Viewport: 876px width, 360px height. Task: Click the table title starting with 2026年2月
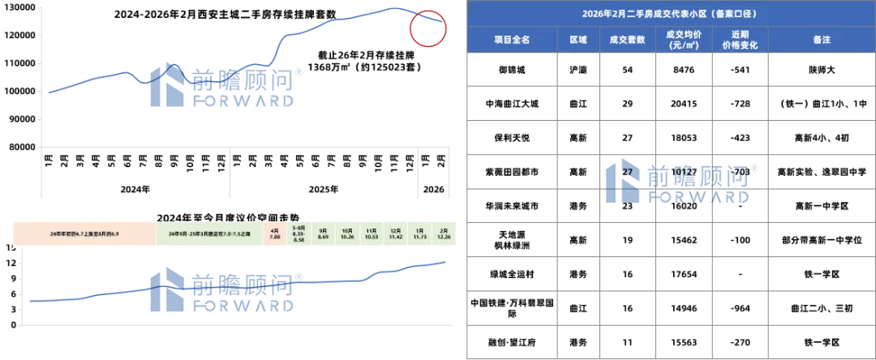pyautogui.click(x=669, y=15)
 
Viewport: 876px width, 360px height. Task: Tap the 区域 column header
pyautogui.click(x=578, y=40)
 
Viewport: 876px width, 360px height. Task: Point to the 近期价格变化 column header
pyautogui.click(x=739, y=40)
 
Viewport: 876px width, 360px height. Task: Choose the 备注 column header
pyautogui.click(x=820, y=40)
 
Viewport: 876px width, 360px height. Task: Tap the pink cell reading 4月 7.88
pyautogui.click(x=274, y=234)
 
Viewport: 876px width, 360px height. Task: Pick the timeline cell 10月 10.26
pyautogui.click(x=348, y=234)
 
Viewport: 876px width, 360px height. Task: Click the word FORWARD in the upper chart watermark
pyautogui.click(x=243, y=101)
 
